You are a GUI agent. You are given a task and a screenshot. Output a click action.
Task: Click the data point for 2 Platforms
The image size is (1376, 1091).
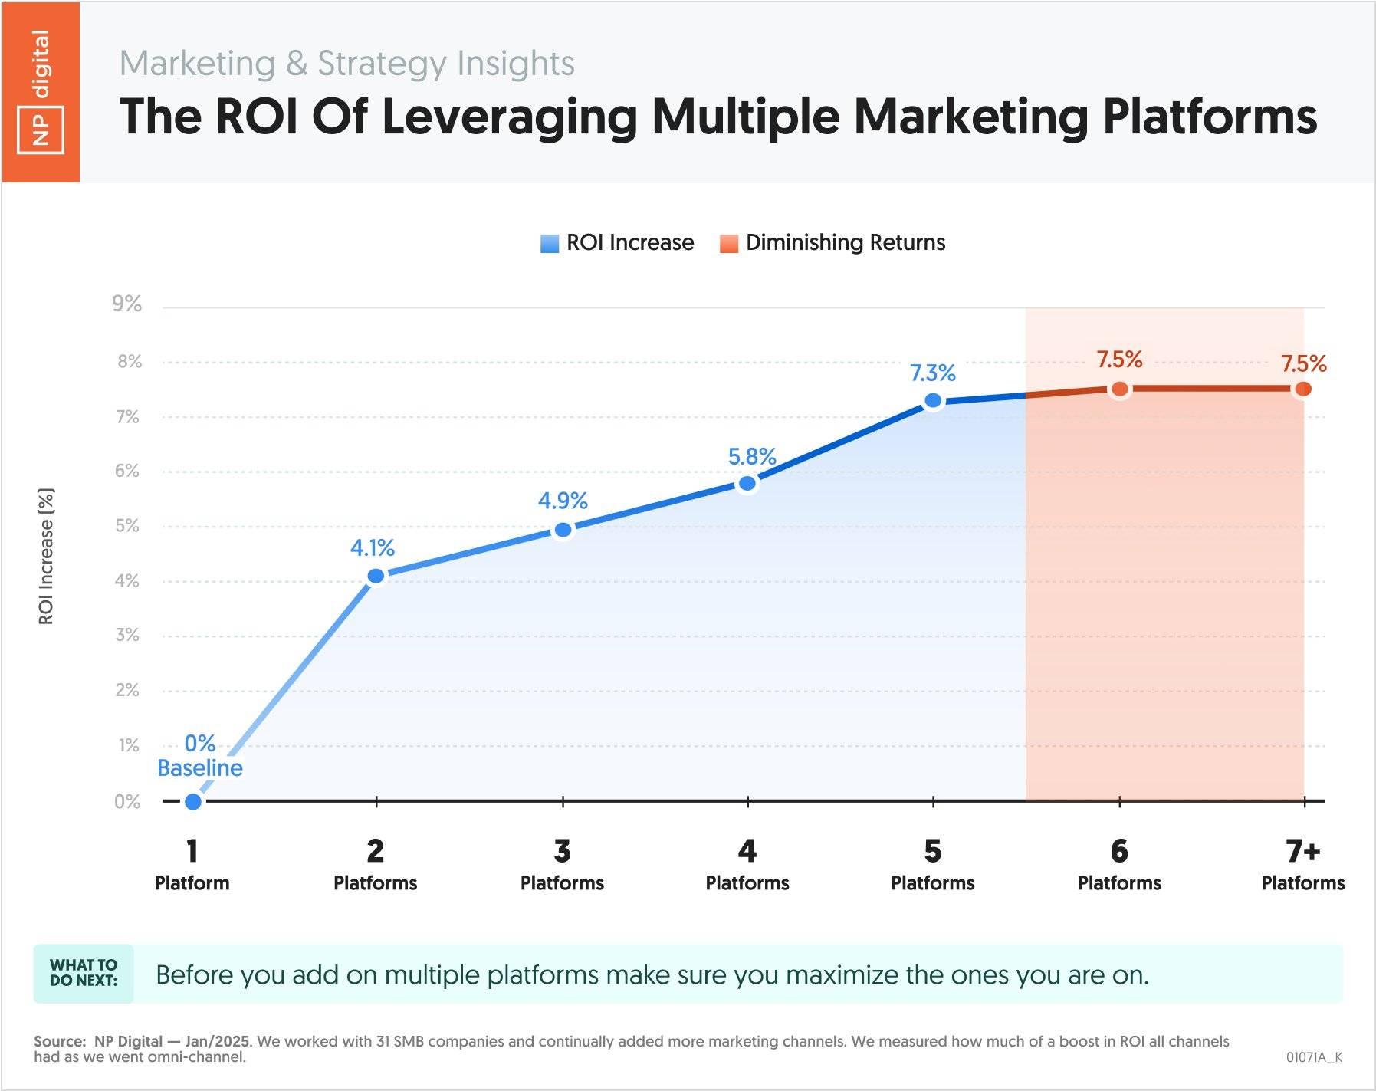coord(376,576)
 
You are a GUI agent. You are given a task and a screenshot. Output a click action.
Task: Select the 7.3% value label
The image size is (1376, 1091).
coord(932,373)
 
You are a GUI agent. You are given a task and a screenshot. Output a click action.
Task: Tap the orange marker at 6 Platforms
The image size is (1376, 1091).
coord(1119,389)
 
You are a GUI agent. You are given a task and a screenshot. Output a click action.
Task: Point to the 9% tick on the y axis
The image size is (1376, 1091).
coord(127,304)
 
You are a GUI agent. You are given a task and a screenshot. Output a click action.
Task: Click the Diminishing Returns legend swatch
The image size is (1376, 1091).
coord(729,244)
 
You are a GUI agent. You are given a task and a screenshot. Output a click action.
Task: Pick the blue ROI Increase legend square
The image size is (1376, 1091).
coord(550,244)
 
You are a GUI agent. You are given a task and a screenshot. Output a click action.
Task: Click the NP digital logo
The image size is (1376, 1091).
coord(41,92)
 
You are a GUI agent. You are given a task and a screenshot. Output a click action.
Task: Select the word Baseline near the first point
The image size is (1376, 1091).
coord(199,767)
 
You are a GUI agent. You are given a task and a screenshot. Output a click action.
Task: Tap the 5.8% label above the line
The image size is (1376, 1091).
coord(751,457)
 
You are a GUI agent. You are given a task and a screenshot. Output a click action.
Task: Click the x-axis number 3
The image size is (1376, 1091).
coord(562,851)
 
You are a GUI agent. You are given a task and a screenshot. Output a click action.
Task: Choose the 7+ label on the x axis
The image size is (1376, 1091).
coord(1302,851)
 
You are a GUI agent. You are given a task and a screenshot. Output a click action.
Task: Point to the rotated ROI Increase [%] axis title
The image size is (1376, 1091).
coord(46,556)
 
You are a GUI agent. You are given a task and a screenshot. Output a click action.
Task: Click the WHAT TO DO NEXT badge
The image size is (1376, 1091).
coord(84,973)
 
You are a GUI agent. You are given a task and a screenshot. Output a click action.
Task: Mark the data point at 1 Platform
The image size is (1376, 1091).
coord(193,801)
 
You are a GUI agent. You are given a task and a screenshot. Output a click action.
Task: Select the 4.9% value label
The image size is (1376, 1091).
coord(563,501)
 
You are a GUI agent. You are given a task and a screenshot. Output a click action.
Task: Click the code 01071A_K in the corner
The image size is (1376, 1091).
coord(1314,1057)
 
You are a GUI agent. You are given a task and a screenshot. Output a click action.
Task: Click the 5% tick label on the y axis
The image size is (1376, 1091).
coord(127,526)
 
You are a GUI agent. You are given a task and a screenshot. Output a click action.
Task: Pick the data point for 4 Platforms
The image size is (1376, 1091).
coord(747,483)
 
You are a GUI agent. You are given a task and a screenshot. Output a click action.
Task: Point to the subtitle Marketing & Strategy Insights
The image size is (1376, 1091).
coord(346,63)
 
